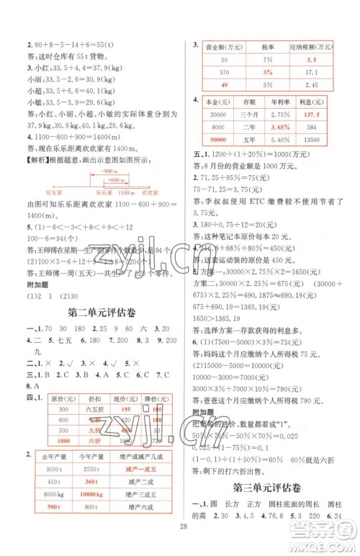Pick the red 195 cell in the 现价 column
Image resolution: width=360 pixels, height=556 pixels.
click(x=126, y=409)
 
